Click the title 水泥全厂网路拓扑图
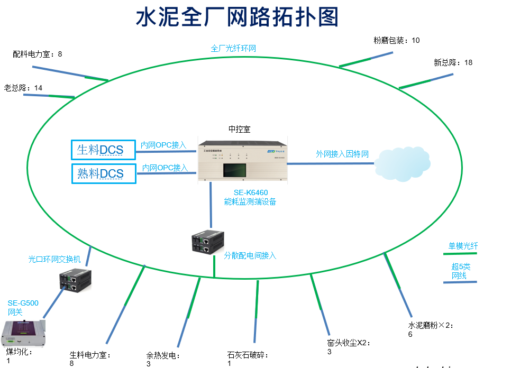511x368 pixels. tap(237, 18)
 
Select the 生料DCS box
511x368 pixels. tap(103, 150)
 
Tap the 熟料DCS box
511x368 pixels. tap(103, 173)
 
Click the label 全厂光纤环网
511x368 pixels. tap(233, 48)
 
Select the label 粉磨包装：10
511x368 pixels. tap(396, 40)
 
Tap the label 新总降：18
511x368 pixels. tap(453, 62)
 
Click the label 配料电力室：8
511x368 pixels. tap(38, 54)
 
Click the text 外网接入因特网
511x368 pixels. tap(342, 154)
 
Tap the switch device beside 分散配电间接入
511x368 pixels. tap(204, 243)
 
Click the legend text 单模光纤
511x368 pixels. tap(463, 246)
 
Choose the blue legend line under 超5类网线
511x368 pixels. tap(460, 282)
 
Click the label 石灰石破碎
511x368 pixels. tap(248, 355)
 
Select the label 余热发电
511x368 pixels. tap(163, 355)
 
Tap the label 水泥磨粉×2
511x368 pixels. tap(430, 326)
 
